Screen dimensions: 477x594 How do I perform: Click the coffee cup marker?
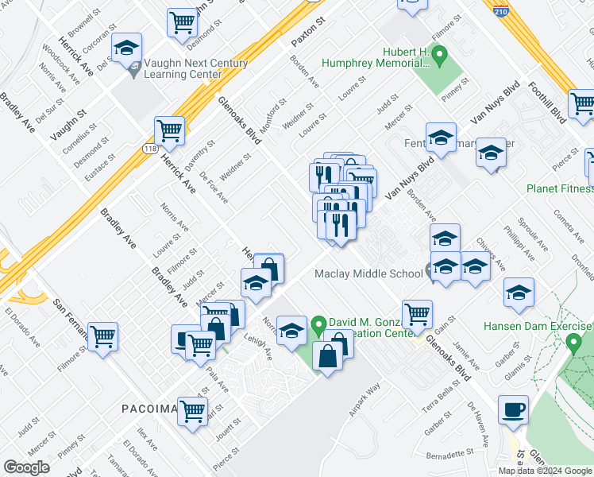pos(512,411)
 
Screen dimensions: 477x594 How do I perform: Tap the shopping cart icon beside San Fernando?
pos(102,337)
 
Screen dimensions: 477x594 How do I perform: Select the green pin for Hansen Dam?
pos(574,343)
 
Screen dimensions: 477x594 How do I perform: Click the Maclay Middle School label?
pos(368,274)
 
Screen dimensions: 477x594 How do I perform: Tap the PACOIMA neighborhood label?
pos(148,409)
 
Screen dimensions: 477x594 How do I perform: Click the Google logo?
pos(26,467)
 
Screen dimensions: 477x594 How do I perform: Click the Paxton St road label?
pos(309,33)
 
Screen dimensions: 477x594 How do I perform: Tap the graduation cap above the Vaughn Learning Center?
pos(127,48)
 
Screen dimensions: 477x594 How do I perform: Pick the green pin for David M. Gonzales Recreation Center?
pos(318,324)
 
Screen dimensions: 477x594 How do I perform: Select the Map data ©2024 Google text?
pos(545,471)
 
